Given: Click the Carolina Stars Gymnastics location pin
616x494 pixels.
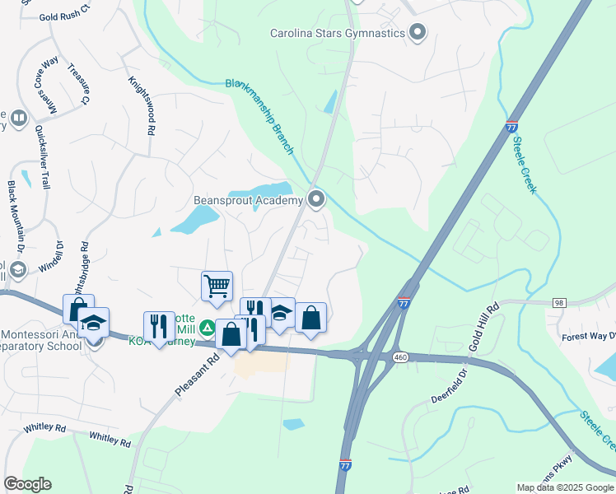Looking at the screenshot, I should (418, 33).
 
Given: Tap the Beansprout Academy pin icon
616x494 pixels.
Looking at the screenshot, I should (316, 198).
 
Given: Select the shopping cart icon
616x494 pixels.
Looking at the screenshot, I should (217, 287).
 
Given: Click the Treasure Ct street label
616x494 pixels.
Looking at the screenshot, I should (78, 84).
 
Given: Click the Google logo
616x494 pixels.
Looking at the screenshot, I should (27, 483).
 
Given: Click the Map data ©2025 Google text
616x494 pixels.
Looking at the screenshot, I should (565, 487).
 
